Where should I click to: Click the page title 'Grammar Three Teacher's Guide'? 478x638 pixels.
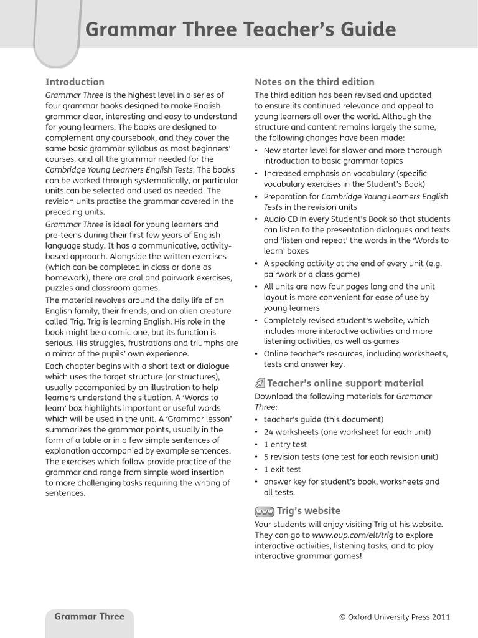[x=240, y=29]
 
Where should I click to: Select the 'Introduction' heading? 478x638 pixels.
[x=75, y=82]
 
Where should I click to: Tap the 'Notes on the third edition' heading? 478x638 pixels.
[x=314, y=82]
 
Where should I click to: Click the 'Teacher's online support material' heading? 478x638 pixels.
[x=345, y=383]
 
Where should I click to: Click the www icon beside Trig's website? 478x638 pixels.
[x=265, y=512]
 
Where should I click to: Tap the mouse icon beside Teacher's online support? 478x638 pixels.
[x=260, y=383]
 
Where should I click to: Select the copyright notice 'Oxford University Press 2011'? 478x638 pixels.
[x=394, y=617]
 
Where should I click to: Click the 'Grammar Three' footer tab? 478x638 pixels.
[x=90, y=617]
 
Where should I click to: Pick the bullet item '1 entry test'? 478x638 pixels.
[x=285, y=444]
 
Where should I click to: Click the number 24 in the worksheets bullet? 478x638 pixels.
[x=269, y=432]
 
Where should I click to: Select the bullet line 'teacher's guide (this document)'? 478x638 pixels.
[x=323, y=419]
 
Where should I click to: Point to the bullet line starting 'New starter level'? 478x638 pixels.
[x=352, y=150]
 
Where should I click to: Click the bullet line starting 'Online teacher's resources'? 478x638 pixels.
[x=355, y=354]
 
